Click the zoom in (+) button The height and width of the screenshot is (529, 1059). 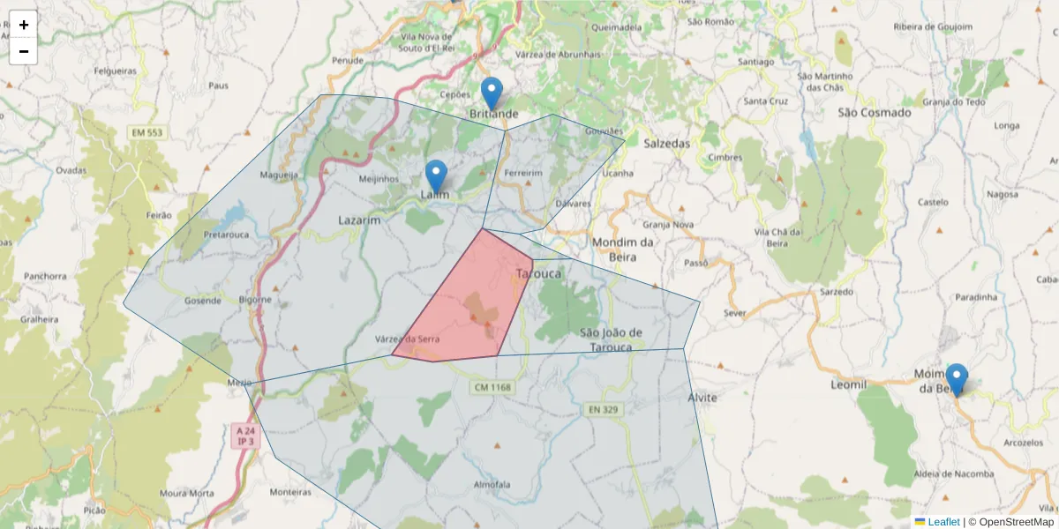23,25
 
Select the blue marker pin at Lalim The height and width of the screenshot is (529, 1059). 436,175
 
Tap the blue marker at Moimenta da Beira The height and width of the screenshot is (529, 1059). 956,379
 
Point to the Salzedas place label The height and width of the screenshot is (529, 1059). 666,143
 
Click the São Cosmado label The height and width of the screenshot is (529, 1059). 874,113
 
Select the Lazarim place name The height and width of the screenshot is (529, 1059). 359,220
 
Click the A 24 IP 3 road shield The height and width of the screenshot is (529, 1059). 244,436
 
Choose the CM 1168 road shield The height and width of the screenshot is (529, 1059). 492,387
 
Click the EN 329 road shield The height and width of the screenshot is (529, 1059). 605,410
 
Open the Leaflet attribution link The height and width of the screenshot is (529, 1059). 943,522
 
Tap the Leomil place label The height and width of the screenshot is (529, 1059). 849,385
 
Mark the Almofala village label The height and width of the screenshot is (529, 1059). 492,485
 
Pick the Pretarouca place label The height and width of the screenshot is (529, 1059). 227,235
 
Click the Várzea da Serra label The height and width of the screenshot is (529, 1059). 407,339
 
